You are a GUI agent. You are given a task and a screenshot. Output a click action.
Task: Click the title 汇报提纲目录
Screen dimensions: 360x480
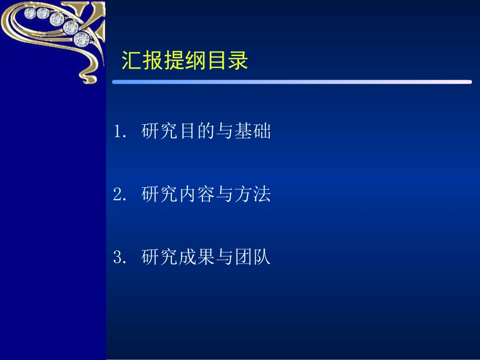pos(184,62)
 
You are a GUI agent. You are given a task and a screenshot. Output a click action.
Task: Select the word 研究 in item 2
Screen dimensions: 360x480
pos(159,194)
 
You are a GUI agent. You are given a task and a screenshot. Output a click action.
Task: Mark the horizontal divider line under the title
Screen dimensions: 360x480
pos(292,82)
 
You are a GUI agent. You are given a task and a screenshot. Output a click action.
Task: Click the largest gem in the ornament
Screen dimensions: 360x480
pos(81,38)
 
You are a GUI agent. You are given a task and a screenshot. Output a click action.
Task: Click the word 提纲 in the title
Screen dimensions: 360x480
pos(184,62)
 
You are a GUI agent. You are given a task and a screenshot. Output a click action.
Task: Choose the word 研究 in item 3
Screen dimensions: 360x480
pos(159,258)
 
